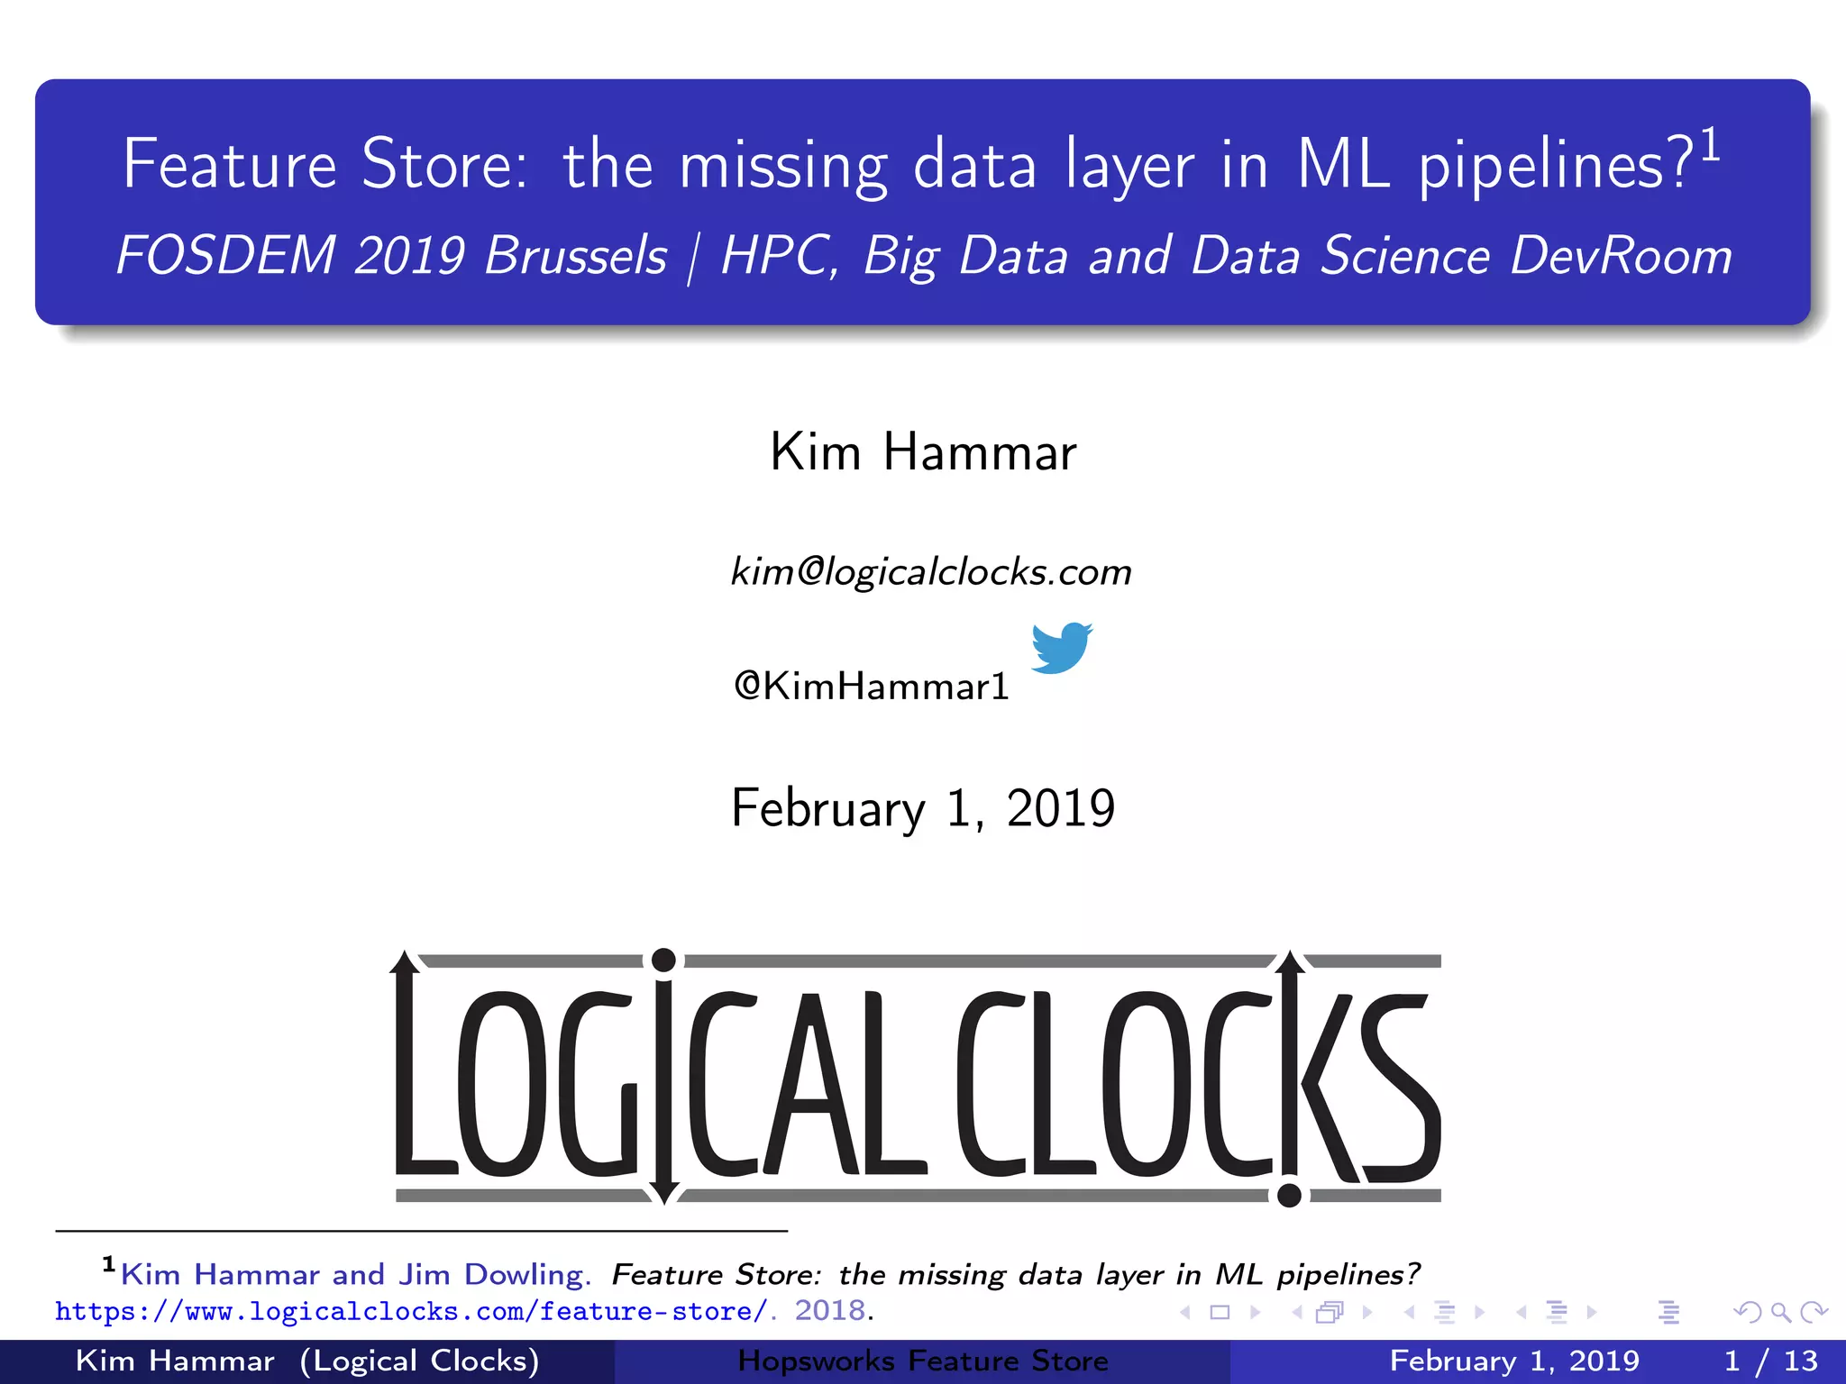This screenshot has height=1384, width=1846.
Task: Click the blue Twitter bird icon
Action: pyautogui.click(x=1061, y=647)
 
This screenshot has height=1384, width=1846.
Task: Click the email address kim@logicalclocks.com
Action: pyautogui.click(x=930, y=572)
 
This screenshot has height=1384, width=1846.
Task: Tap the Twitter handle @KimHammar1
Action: pyautogui.click(x=871, y=687)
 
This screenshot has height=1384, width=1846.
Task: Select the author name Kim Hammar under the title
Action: pyautogui.click(x=923, y=451)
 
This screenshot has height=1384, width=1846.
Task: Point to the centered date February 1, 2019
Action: pyautogui.click(x=923, y=808)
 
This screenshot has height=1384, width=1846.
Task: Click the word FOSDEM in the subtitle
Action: pyautogui.click(x=226, y=256)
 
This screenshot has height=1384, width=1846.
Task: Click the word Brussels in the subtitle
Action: pyautogui.click(x=576, y=256)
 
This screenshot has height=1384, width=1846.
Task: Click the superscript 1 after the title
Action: pyautogui.click(x=1710, y=147)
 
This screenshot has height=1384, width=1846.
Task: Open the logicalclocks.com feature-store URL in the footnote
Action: pyautogui.click(x=410, y=1312)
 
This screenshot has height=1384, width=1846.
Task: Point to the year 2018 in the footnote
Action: pyautogui.click(x=829, y=1311)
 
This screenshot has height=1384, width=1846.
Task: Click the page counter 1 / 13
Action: pyautogui.click(x=1770, y=1361)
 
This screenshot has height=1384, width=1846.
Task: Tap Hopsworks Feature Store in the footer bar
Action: pyautogui.click(x=923, y=1361)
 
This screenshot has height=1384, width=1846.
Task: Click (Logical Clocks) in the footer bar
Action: pyautogui.click(x=420, y=1361)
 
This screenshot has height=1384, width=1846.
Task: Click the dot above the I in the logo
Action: pyautogui.click(x=663, y=961)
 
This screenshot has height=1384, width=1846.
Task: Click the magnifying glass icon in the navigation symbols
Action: pyautogui.click(x=1780, y=1312)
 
